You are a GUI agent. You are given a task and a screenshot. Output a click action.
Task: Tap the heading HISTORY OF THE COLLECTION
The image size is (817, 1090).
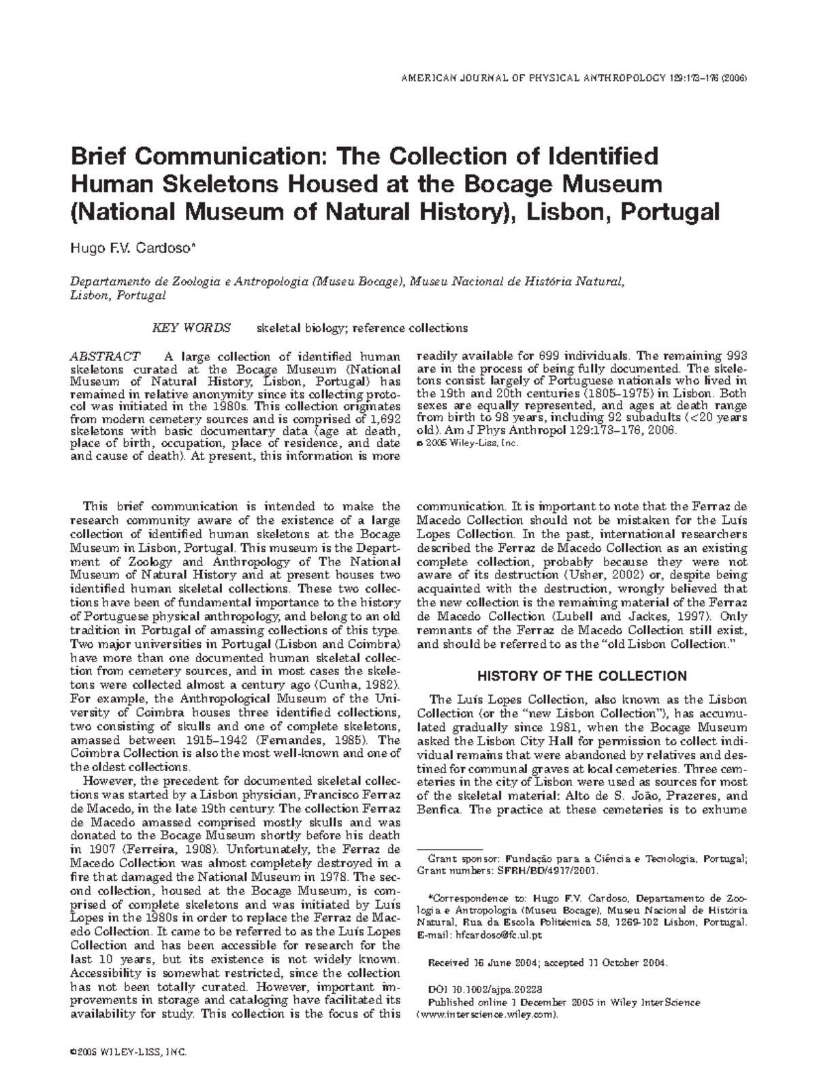(x=581, y=676)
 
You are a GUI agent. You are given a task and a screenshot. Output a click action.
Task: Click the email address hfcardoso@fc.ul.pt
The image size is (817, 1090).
(x=498, y=935)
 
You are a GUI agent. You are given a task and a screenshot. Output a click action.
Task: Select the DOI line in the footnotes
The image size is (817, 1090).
(x=485, y=988)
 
